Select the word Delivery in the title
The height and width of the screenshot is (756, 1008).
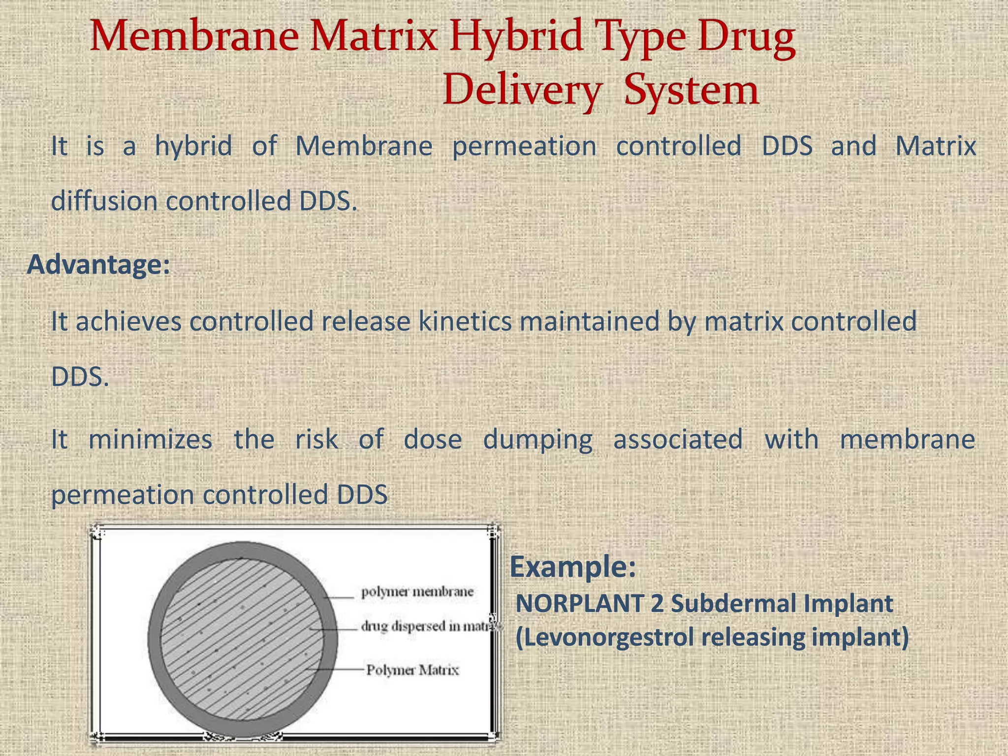522,91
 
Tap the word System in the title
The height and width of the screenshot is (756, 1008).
691,91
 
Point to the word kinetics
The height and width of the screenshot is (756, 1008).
465,321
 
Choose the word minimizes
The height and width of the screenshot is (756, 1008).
150,439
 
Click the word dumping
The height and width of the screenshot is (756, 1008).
537,440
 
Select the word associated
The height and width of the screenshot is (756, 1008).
678,439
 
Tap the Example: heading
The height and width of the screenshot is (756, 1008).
572,567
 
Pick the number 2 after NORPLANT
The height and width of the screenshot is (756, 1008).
657,603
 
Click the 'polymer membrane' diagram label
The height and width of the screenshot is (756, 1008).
417,592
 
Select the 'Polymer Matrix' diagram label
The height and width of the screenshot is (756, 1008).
412,670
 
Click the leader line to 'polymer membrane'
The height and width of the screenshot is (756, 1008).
340,598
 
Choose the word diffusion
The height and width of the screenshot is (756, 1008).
103,201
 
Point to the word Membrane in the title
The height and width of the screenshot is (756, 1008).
194,37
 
